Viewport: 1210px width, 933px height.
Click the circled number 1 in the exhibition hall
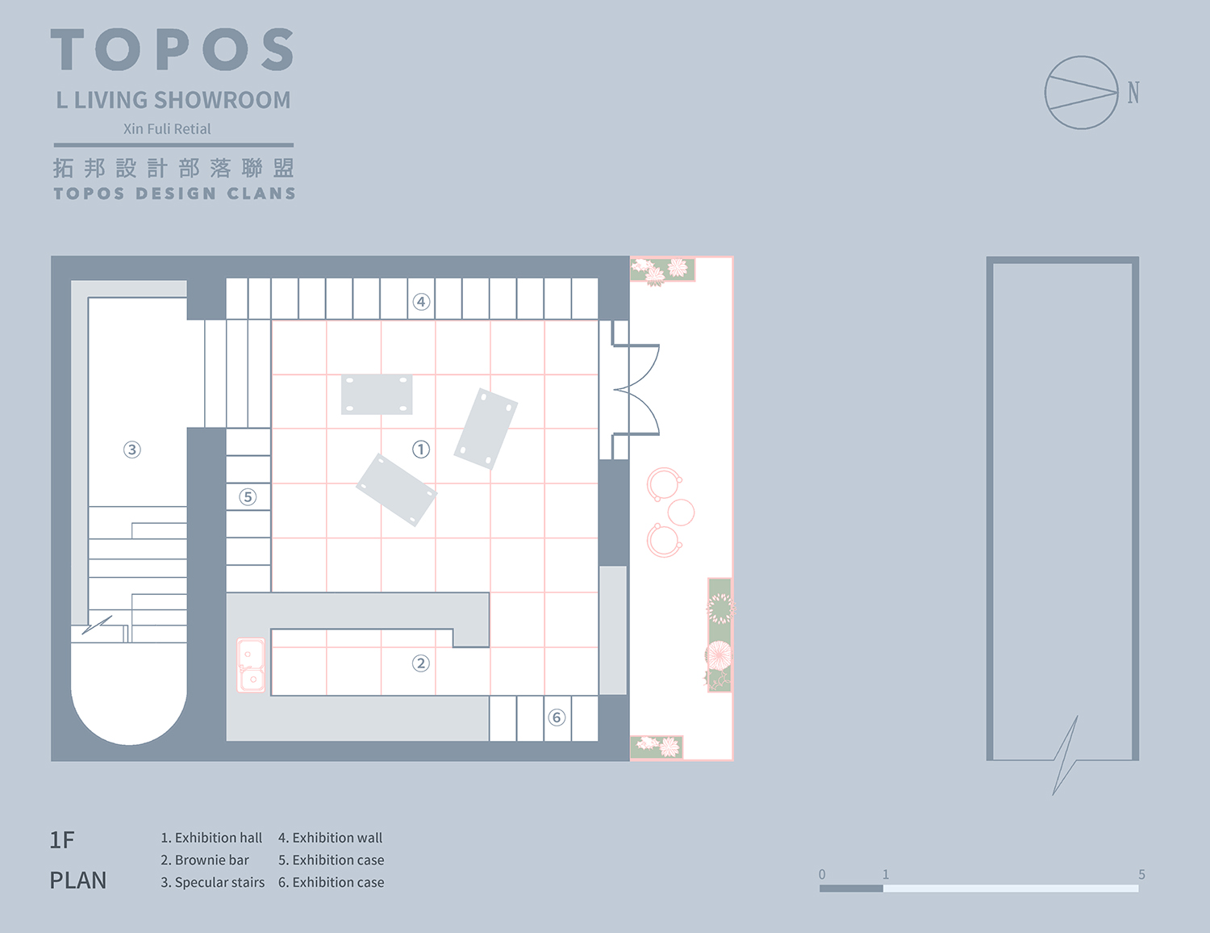coord(421,450)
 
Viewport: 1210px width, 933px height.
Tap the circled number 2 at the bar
coord(420,663)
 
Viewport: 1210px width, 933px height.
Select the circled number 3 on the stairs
coord(132,450)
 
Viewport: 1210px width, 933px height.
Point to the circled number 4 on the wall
coord(421,302)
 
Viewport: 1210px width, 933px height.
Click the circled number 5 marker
coord(248,497)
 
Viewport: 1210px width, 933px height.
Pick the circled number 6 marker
coord(557,718)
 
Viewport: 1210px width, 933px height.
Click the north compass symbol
coord(1082,93)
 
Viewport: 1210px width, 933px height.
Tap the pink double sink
coord(251,665)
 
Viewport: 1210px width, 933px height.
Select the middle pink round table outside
coord(682,512)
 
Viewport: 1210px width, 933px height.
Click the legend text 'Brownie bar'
coord(211,860)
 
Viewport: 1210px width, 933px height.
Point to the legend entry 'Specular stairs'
coord(219,882)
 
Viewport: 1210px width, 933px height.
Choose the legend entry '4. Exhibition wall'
coord(330,838)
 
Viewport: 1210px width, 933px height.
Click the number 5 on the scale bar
coord(1141,875)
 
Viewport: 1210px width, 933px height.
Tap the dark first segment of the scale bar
coord(851,888)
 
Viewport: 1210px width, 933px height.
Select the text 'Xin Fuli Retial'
coord(167,129)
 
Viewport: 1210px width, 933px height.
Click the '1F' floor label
coord(62,840)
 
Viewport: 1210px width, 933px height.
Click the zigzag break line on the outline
coord(1066,755)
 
